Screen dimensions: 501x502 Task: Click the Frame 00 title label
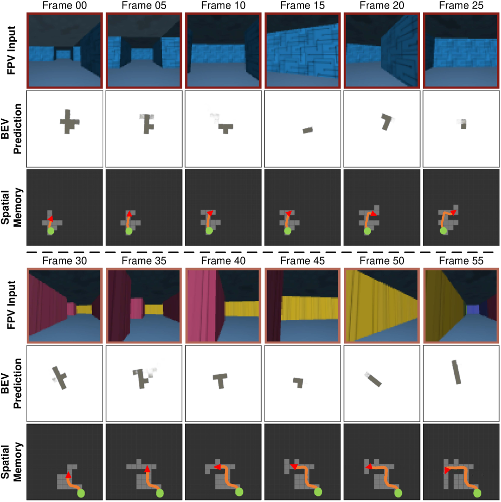pos(64,5)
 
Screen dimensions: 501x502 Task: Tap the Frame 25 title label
pos(461,5)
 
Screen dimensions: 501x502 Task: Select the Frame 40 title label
pos(223,261)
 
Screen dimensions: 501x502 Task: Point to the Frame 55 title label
pos(461,261)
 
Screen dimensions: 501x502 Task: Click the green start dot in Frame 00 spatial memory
pos(51,231)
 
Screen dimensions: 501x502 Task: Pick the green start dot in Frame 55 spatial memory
pos(477,493)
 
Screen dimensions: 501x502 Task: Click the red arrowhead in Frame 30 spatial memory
pos(68,475)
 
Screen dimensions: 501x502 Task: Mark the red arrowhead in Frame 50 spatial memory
pos(369,467)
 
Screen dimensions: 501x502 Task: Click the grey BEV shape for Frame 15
pos(308,130)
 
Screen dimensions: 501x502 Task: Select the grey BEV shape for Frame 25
pos(463,124)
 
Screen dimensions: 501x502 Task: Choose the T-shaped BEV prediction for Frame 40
pos(220,380)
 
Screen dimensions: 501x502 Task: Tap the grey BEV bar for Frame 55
pos(457,372)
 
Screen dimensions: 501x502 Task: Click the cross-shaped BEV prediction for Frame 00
pos(69,122)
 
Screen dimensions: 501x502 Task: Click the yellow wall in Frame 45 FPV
pos(309,308)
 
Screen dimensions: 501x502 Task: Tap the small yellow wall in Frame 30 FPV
pos(84,309)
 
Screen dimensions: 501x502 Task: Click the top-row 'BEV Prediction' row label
pos(12,129)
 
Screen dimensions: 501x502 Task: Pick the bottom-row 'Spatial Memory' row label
pos(12,462)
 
